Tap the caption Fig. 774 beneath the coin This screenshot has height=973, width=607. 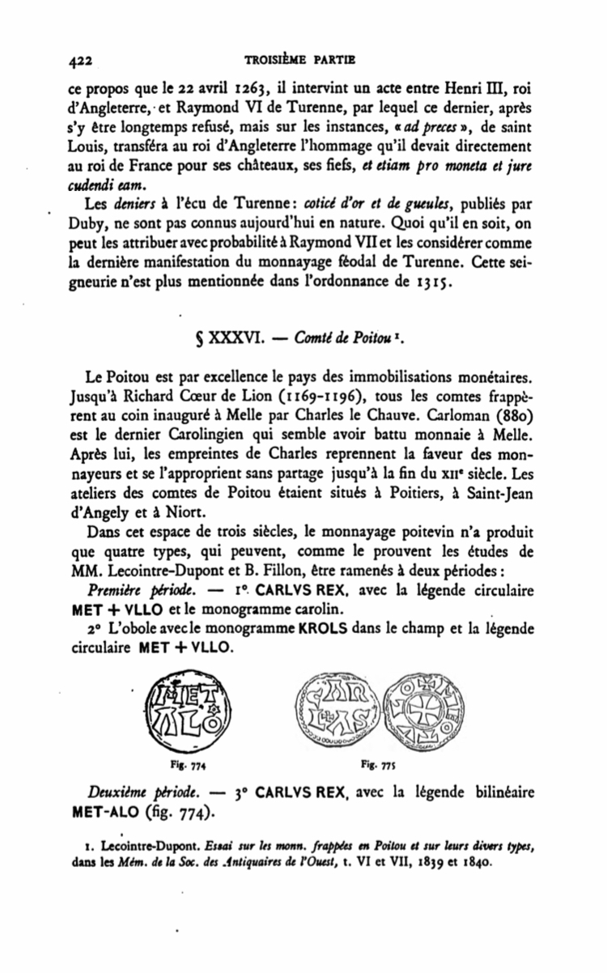point(180,763)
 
